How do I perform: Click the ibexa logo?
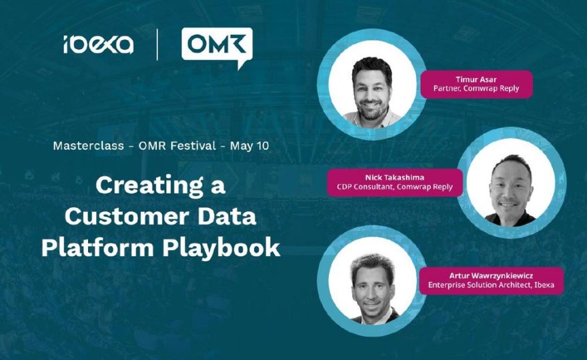tap(99, 45)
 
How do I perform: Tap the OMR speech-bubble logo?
tap(217, 47)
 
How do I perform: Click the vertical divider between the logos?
tap(157, 45)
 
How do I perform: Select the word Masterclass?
tap(88, 145)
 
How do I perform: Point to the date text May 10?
tap(249, 145)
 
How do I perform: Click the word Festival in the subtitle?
tap(193, 145)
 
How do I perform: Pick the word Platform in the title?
tap(97, 247)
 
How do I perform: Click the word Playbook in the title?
tap(221, 248)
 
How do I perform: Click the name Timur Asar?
tap(476, 79)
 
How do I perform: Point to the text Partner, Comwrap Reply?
tap(476, 89)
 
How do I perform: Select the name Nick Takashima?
tap(395, 177)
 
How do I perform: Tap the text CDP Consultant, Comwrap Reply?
tap(395, 187)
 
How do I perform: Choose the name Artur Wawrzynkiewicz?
tap(491, 276)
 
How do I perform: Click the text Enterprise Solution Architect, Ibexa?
tap(491, 285)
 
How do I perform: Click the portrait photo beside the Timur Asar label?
tap(372, 84)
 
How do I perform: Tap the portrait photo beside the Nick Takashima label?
tap(512, 183)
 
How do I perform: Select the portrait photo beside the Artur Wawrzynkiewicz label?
tap(372, 281)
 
